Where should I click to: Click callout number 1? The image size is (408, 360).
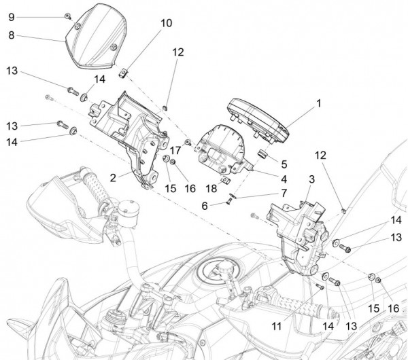[318, 105]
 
